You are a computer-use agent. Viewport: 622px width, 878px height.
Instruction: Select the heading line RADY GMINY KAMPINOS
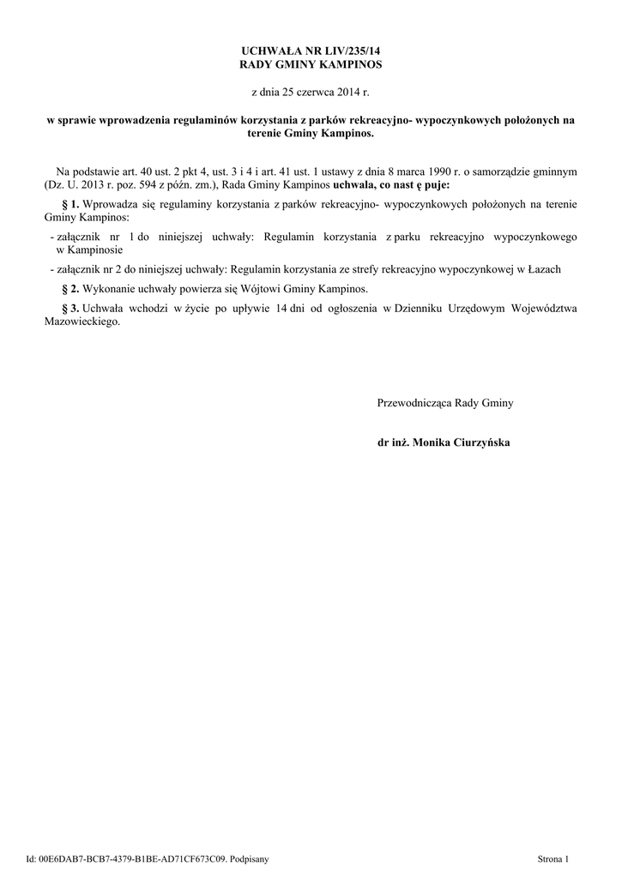point(311,64)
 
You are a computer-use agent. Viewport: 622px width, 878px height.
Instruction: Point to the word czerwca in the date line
point(315,90)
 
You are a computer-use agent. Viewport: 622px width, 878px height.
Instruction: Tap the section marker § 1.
point(71,204)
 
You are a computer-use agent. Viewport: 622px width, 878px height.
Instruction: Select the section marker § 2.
point(71,289)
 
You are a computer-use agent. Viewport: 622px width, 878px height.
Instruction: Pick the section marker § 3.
point(71,308)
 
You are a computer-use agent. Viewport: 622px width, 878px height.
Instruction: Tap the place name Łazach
point(542,270)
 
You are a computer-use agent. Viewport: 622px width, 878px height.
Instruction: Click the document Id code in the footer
point(129,858)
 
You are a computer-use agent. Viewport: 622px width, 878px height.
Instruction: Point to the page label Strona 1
point(553,858)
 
